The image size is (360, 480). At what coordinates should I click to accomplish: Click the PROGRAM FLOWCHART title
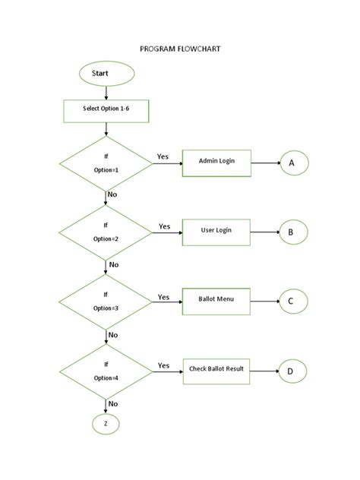(180, 48)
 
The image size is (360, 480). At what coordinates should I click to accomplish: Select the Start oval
(106, 74)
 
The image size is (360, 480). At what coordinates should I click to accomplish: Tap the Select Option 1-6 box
(106, 110)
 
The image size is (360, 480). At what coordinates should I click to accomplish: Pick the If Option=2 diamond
(106, 232)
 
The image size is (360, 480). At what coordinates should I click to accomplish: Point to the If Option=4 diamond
(106, 371)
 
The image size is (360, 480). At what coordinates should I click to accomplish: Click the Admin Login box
(216, 162)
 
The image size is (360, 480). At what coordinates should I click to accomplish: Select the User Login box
(216, 231)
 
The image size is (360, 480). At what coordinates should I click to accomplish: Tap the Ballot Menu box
(216, 301)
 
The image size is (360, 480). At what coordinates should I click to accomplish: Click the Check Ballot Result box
(216, 370)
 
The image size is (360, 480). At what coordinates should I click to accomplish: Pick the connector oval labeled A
(292, 163)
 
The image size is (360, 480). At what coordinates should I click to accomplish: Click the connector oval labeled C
(292, 302)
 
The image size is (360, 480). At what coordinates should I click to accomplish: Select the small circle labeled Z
(106, 425)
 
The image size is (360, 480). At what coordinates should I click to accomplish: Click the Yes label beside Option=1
(163, 156)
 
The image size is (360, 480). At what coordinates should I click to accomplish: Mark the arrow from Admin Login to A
(265, 163)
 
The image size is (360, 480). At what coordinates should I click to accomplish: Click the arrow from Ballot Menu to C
(265, 302)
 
